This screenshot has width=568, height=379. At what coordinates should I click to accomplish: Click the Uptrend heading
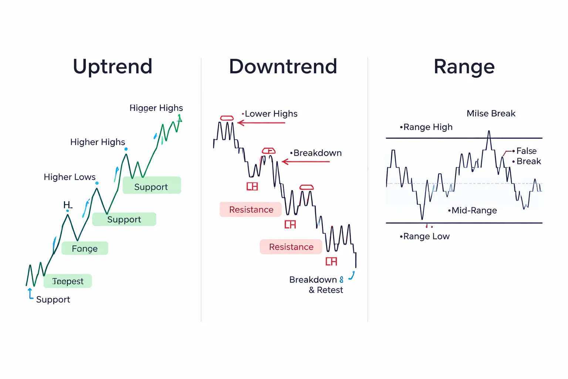[112, 67]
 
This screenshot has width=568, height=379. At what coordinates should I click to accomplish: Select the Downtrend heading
[283, 67]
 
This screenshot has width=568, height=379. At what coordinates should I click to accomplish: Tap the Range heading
[464, 67]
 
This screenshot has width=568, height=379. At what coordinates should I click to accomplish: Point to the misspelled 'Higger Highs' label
[156, 108]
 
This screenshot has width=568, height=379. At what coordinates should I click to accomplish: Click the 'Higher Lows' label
[70, 177]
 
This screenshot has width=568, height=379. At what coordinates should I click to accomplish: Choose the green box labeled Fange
[85, 248]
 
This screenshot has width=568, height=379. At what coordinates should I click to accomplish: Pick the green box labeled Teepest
[68, 281]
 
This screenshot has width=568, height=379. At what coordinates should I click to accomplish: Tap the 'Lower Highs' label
[271, 114]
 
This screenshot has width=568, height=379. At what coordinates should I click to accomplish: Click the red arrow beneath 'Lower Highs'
[261, 123]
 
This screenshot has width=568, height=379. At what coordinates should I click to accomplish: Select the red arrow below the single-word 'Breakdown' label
[305, 162]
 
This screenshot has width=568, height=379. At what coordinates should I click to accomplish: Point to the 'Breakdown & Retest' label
[316, 285]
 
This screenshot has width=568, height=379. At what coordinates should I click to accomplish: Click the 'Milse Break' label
[491, 114]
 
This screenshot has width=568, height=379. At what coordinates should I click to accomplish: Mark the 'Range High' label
[427, 127]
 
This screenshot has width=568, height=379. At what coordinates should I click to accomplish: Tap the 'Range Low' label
[426, 236]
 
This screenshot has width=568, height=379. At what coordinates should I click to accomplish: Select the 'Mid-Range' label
[474, 210]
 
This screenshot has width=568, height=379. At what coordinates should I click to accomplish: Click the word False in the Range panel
[526, 151]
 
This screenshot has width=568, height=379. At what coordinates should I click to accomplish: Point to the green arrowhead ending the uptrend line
[180, 118]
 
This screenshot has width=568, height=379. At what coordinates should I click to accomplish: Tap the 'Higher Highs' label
[98, 142]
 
